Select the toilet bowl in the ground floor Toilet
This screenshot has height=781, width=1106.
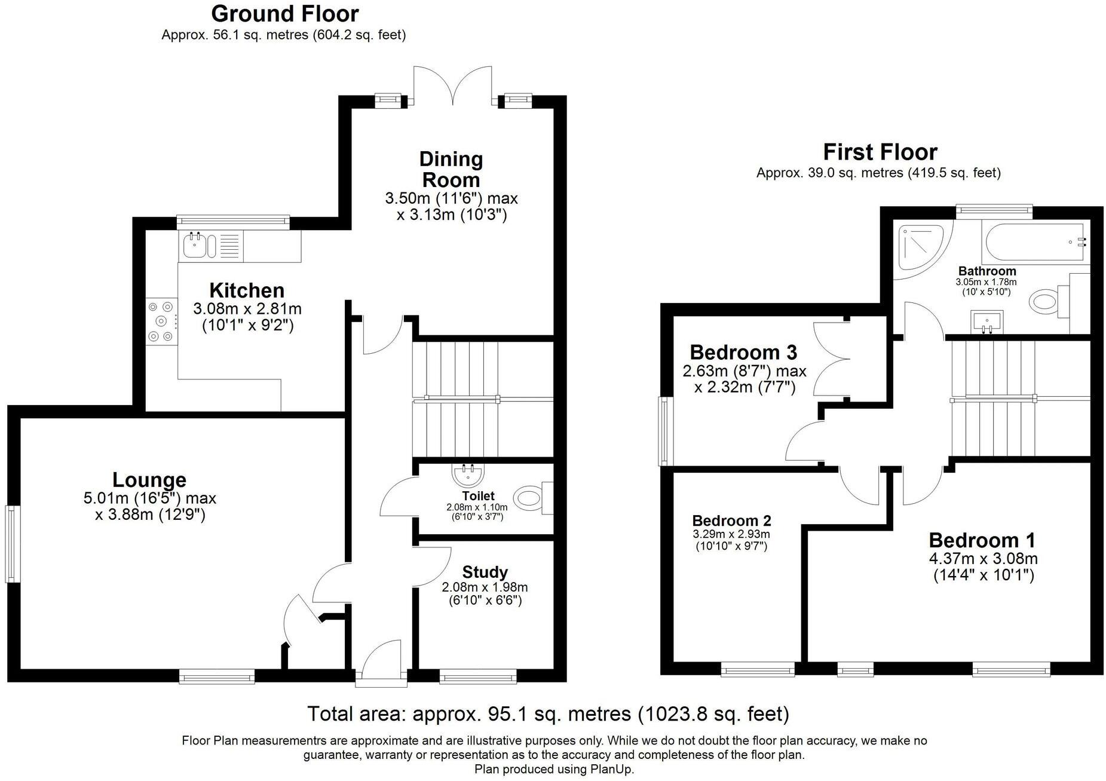click(x=528, y=497)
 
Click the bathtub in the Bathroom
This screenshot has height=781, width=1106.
click(x=1035, y=242)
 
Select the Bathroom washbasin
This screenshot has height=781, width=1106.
click(x=987, y=321)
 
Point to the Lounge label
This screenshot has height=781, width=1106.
click(x=149, y=480)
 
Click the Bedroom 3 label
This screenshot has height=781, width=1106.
click(x=743, y=352)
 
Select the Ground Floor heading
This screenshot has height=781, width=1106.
click(x=285, y=13)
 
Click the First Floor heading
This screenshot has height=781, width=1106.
click(x=880, y=152)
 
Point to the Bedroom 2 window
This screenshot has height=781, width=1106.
click(x=758, y=669)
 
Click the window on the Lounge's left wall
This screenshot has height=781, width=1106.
click(x=12, y=544)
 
